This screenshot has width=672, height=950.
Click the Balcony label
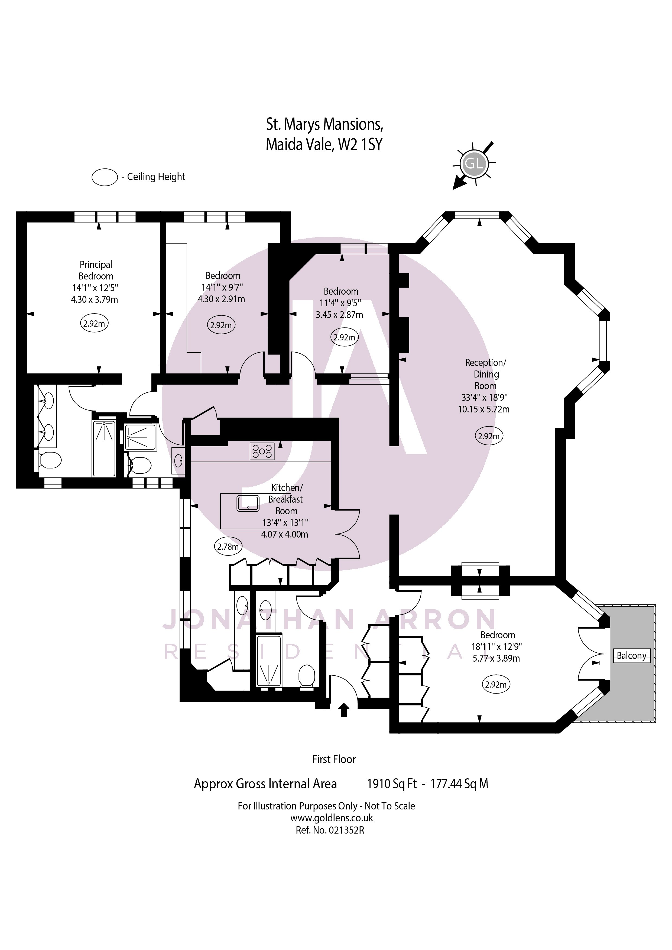[x=631, y=656]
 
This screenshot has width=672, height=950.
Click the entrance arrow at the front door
[x=344, y=710]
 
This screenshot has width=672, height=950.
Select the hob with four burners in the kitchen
[x=262, y=451]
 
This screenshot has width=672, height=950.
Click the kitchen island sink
[x=248, y=503]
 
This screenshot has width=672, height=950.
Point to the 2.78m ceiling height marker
[x=228, y=546]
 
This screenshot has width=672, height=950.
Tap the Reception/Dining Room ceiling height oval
[x=489, y=436]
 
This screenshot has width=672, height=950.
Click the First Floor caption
[x=333, y=759]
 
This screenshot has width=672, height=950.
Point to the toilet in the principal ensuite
[x=51, y=460]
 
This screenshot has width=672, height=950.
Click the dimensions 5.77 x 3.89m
[x=496, y=658]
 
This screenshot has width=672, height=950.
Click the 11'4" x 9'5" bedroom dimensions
[x=340, y=303]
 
